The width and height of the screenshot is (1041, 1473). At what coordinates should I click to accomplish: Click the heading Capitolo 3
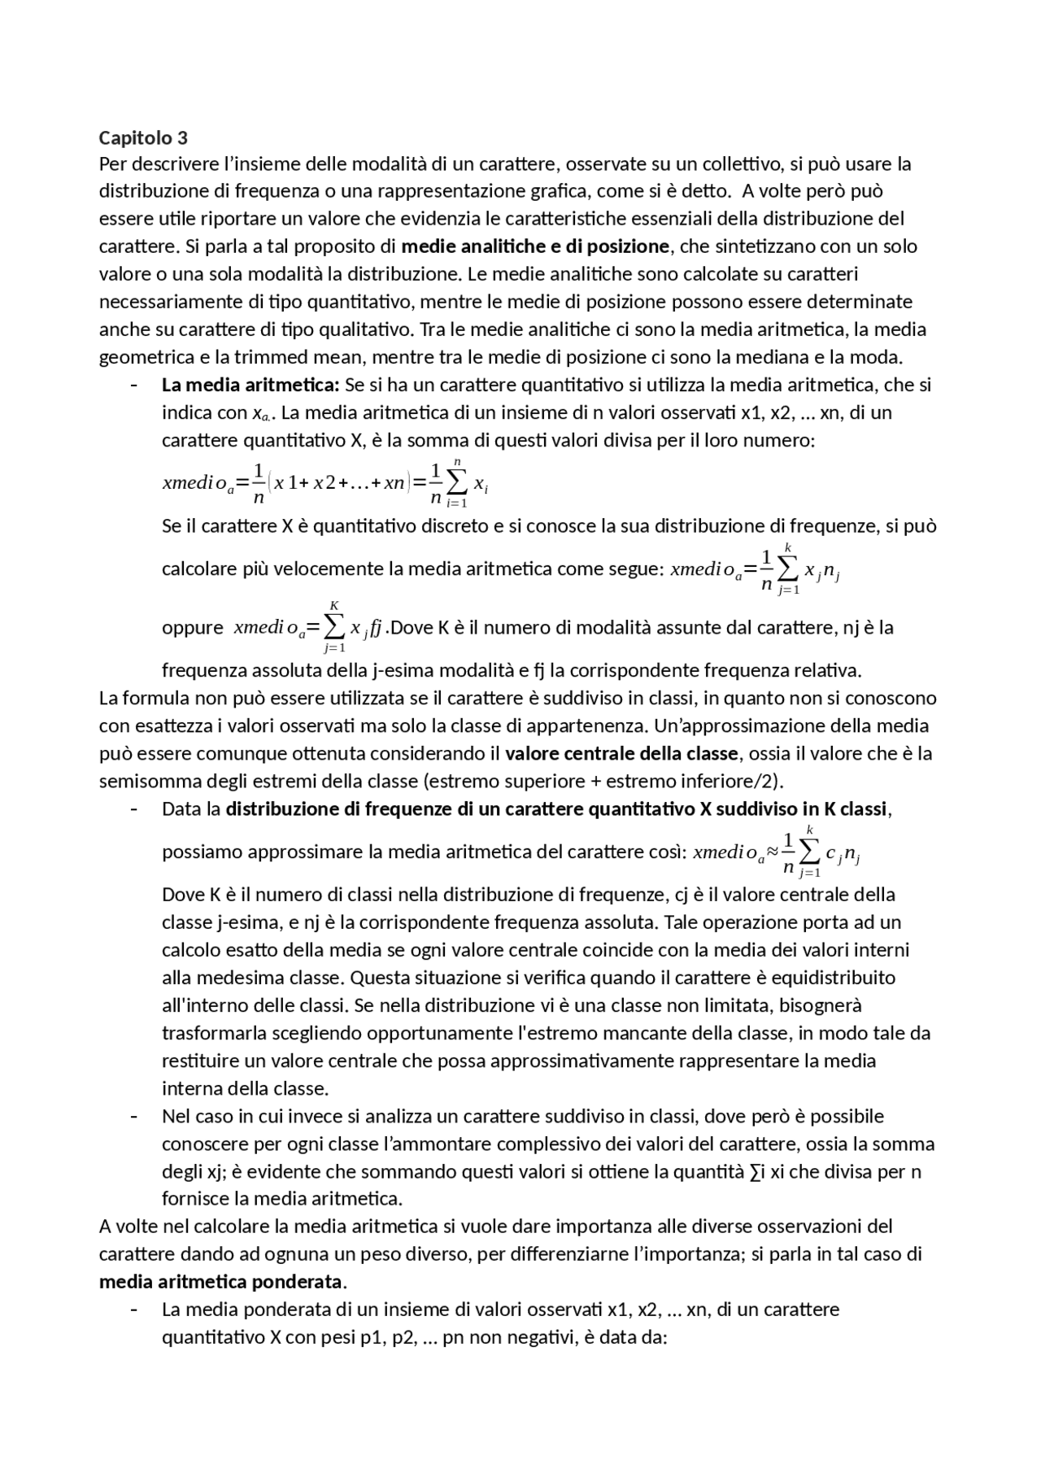pyautogui.click(x=143, y=137)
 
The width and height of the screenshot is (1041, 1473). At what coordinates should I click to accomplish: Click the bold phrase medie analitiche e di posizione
pyautogui.click(x=535, y=246)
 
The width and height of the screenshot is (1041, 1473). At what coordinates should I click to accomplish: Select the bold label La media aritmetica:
pyautogui.click(x=250, y=385)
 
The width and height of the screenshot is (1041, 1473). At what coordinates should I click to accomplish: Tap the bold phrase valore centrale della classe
pyautogui.click(x=621, y=753)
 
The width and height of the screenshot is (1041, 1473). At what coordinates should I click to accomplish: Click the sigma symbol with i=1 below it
pyautogui.click(x=457, y=482)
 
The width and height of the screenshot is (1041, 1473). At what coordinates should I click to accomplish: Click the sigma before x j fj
pyautogui.click(x=334, y=627)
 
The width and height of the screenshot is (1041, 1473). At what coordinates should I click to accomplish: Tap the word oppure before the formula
pyautogui.click(x=193, y=628)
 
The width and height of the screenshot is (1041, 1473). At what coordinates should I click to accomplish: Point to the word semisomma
pyautogui.click(x=139, y=782)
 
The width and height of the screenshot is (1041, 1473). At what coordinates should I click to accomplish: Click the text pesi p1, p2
pyautogui.click(x=365, y=1338)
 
